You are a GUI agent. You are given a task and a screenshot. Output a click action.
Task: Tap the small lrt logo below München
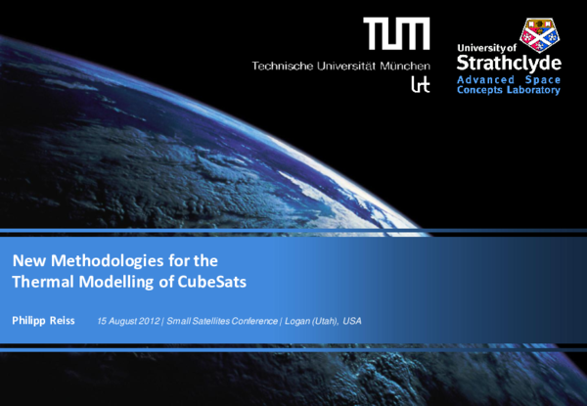(x=419, y=84)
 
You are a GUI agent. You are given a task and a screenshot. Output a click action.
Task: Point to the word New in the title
(x=28, y=262)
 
